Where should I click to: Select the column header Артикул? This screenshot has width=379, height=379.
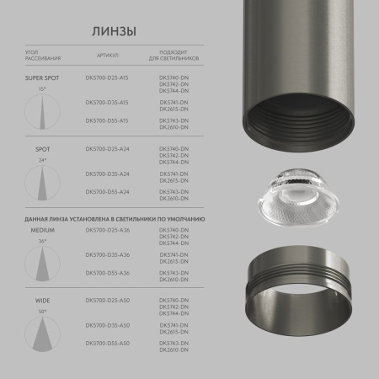pos(107,55)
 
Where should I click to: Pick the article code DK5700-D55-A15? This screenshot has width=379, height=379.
pos(107,120)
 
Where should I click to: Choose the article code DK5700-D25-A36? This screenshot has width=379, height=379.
pos(107,230)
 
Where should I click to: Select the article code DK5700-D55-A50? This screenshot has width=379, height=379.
pos(107,344)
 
